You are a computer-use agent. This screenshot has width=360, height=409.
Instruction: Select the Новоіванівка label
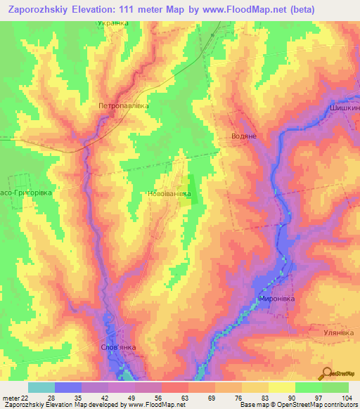click(x=169, y=194)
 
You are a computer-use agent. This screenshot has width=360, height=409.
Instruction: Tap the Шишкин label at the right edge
click(x=344, y=109)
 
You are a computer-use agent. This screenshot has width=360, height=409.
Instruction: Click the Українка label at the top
click(x=112, y=23)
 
